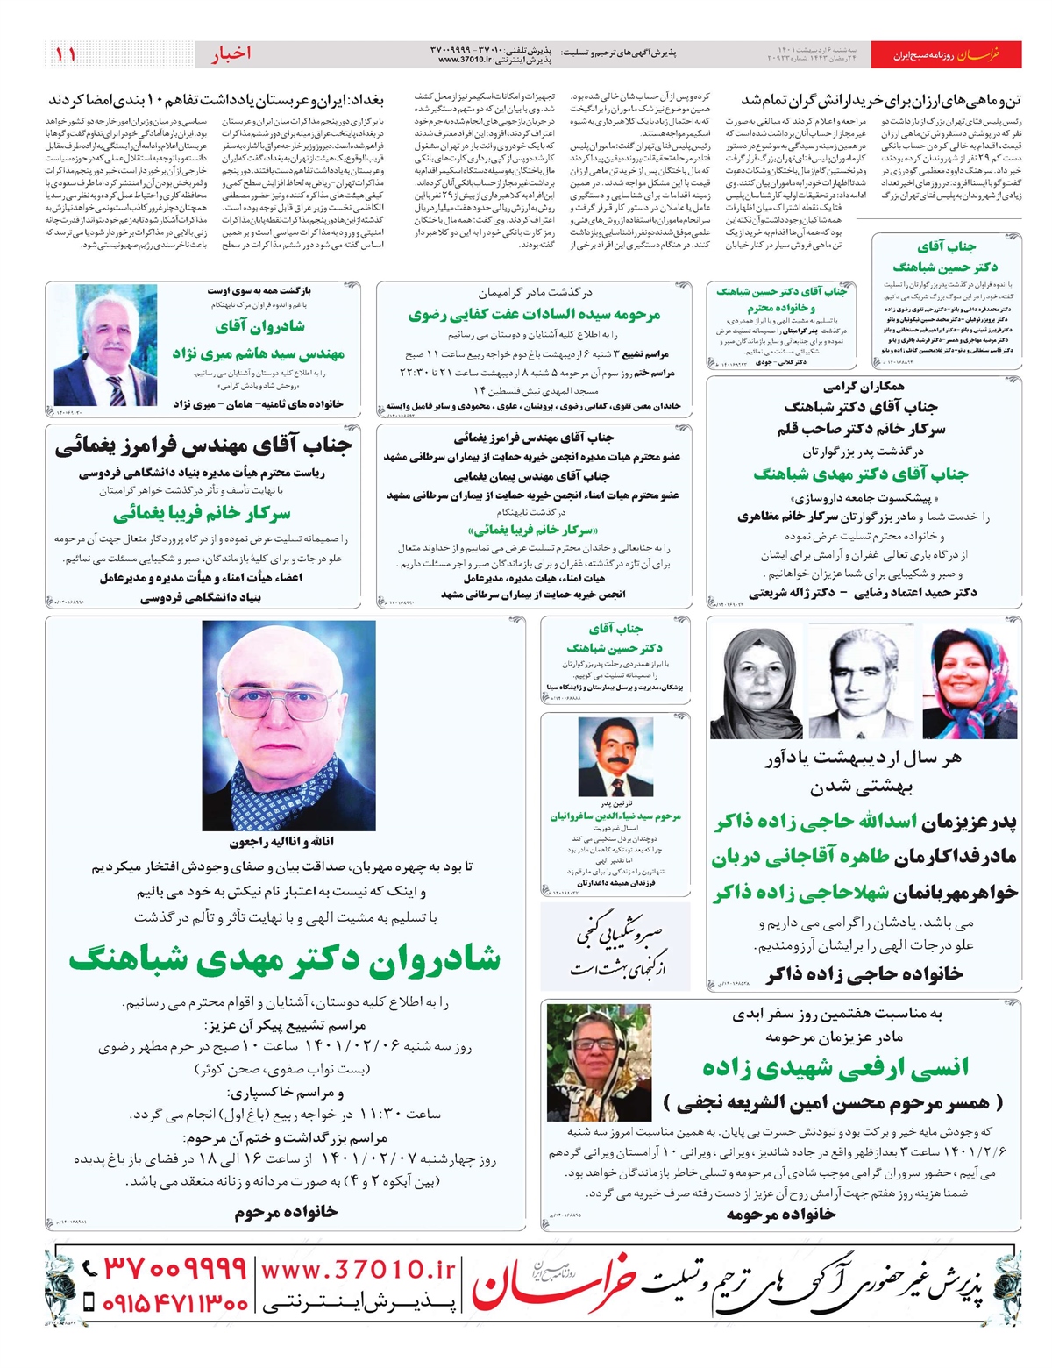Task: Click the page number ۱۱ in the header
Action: tap(65, 53)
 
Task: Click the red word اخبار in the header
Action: tap(231, 53)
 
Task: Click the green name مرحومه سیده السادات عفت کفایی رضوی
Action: tap(534, 314)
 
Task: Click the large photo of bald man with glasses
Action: tap(288, 724)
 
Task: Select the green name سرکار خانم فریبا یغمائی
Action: tap(202, 513)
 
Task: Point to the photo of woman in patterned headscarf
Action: tap(599, 1061)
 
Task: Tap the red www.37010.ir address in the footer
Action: tap(359, 1269)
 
